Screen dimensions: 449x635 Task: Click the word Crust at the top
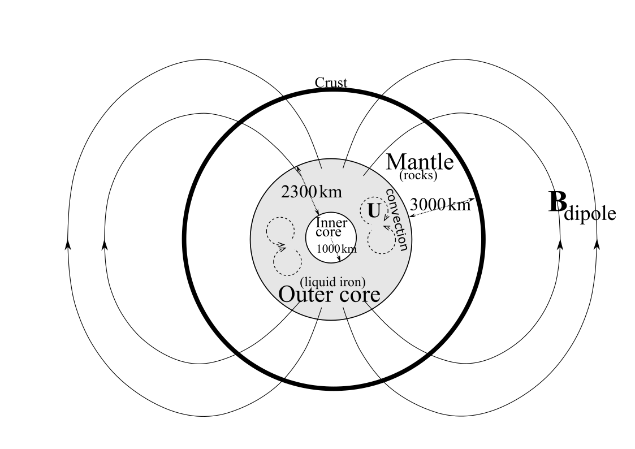click(331, 83)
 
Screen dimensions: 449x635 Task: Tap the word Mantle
click(420, 162)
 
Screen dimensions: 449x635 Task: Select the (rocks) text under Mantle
click(418, 175)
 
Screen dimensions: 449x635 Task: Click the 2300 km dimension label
click(312, 192)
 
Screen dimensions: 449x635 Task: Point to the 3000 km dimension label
click(440, 204)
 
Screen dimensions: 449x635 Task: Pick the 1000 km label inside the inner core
click(336, 249)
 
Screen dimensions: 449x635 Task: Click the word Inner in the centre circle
click(332, 222)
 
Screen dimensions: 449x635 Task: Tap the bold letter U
click(374, 211)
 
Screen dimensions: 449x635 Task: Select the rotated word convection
click(396, 219)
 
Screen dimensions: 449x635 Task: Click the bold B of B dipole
click(557, 203)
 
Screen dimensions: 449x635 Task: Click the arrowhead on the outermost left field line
click(68, 244)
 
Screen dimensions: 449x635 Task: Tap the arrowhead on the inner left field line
click(104, 244)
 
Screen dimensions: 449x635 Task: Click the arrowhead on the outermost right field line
click(597, 244)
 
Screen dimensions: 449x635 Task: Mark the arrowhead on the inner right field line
click(560, 244)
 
